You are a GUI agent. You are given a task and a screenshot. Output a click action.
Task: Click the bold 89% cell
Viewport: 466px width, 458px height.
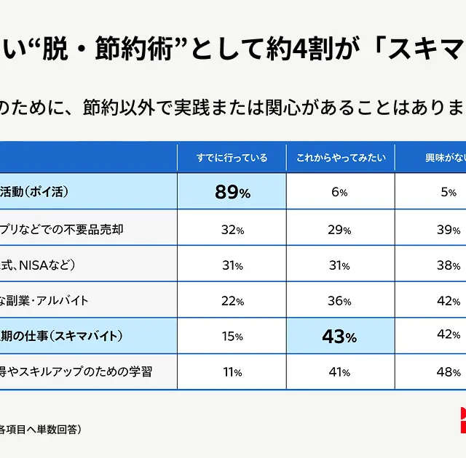tap(232, 193)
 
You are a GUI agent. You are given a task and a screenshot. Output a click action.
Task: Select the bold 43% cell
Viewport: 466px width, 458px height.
tap(340, 337)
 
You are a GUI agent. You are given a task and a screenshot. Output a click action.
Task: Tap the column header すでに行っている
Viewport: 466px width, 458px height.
tap(232, 158)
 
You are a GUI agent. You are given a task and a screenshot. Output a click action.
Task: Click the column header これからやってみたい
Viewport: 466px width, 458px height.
tap(340, 158)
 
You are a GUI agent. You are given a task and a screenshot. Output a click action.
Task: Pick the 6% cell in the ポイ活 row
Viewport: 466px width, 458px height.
tap(340, 193)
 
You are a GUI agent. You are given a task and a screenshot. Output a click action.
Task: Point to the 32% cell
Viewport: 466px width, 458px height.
tap(232, 230)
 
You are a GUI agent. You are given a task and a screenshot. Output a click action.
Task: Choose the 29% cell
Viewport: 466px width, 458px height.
tap(340, 230)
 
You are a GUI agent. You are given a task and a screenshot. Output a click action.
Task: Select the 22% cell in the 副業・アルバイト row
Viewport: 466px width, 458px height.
tap(232, 301)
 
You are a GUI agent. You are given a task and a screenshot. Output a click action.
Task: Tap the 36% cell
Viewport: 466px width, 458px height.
tap(340, 301)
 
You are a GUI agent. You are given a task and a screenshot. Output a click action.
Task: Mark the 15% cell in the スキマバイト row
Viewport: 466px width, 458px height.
tap(232, 337)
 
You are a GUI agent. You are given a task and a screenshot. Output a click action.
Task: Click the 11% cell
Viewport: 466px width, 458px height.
tap(232, 372)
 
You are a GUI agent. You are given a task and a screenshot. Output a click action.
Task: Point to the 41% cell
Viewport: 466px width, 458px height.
tap(340, 372)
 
